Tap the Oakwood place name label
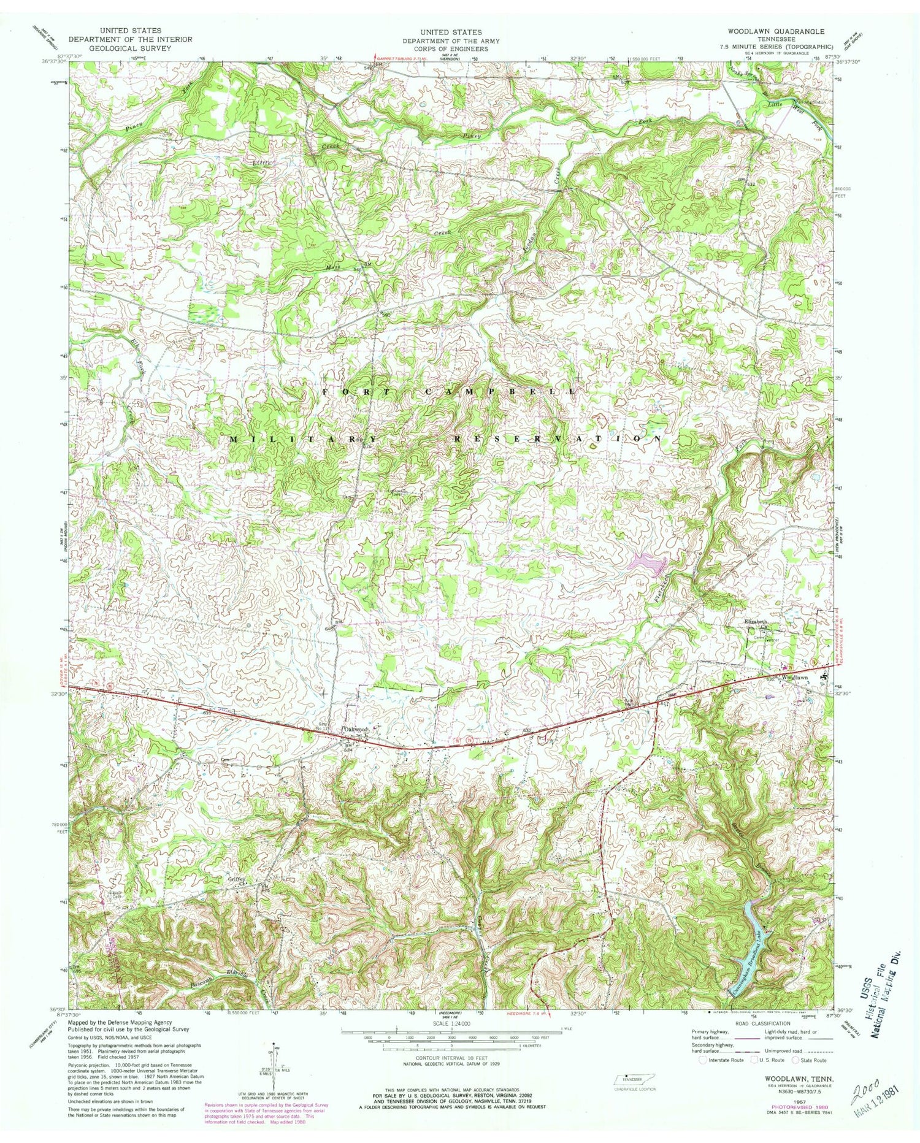[356, 729]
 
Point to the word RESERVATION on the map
[557, 440]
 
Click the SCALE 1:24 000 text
[459, 1024]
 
